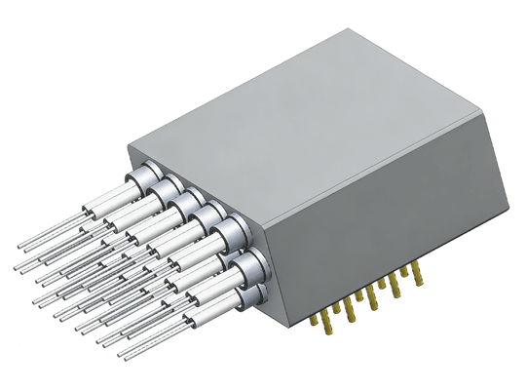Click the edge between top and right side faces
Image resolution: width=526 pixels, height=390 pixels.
390,171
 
